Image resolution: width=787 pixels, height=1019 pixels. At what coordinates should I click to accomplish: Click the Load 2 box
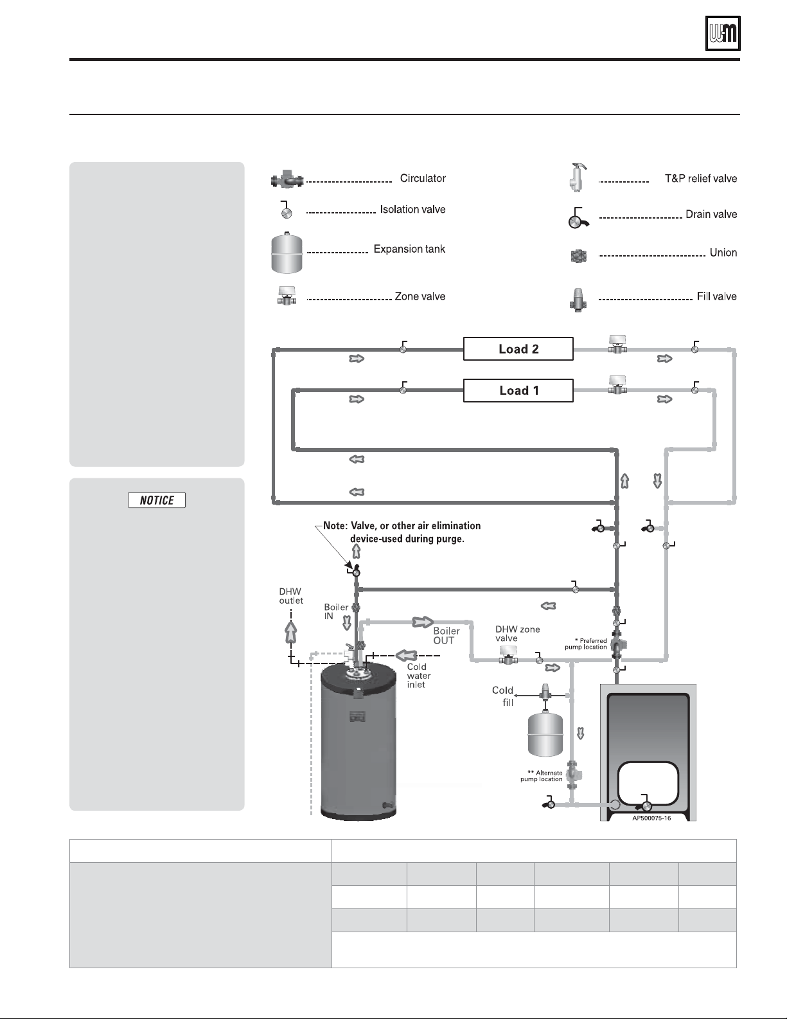(x=518, y=349)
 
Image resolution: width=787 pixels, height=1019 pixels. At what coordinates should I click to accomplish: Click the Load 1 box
(x=518, y=391)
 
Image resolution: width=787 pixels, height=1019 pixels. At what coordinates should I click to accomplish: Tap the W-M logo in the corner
(x=723, y=33)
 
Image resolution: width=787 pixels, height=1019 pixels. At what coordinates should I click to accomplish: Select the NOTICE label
(x=157, y=500)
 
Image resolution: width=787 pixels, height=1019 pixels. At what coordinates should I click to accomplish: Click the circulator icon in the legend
(x=287, y=180)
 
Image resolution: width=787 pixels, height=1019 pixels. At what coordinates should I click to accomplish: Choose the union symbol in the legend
(x=579, y=256)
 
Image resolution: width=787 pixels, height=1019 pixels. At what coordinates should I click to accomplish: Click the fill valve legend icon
(x=578, y=300)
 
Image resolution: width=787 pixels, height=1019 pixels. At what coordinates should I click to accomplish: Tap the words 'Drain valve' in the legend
(x=711, y=214)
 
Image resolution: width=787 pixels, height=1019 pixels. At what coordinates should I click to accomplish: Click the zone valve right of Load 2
(x=617, y=344)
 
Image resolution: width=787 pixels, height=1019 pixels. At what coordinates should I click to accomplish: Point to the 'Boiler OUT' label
(x=447, y=636)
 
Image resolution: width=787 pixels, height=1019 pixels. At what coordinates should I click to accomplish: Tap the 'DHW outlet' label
(x=291, y=596)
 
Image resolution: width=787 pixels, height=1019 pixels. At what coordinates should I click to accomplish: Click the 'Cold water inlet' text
(x=418, y=676)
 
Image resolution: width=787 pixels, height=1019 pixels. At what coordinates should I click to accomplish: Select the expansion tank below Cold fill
(x=545, y=734)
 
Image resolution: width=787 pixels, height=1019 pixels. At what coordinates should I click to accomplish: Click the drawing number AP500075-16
(x=651, y=818)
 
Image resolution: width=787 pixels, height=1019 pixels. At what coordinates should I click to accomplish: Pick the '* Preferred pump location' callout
(x=586, y=644)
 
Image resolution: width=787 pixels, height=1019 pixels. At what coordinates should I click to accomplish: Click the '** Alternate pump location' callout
(x=542, y=776)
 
